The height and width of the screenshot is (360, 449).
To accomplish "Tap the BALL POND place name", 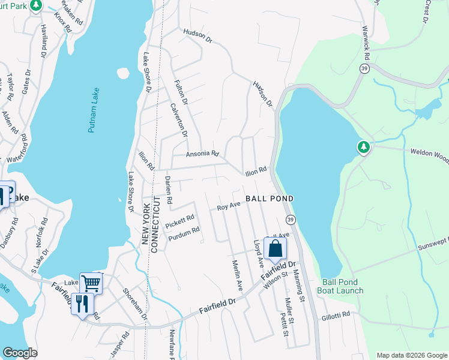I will coord(270,199).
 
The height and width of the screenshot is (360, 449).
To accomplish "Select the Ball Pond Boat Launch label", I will coord(342,286).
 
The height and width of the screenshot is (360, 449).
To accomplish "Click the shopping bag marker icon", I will coord(275,249).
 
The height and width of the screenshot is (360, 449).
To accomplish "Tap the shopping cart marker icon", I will coord(91,282).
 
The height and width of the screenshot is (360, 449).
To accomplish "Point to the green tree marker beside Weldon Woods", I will coord(363,146).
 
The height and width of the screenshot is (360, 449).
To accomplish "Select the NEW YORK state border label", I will coord(145,223).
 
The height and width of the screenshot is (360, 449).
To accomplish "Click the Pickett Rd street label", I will coord(180,221).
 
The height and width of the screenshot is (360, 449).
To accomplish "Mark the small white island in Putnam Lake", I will coord(123,73).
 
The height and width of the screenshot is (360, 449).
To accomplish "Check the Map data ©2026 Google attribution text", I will coord(411,355).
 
